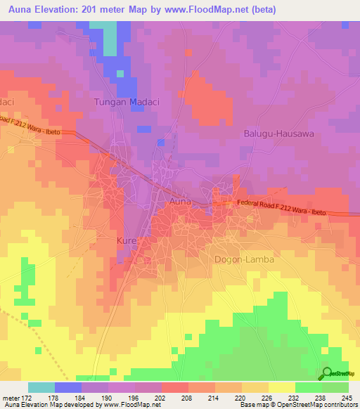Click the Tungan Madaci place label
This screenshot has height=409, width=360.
click(x=127, y=102)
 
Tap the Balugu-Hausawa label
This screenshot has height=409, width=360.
click(x=278, y=133)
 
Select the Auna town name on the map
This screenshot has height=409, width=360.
click(x=179, y=202)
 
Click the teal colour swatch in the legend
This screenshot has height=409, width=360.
click(x=41, y=387)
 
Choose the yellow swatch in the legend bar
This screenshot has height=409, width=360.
click(x=281, y=387)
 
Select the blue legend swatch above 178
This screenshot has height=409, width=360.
click(x=68, y=387)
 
